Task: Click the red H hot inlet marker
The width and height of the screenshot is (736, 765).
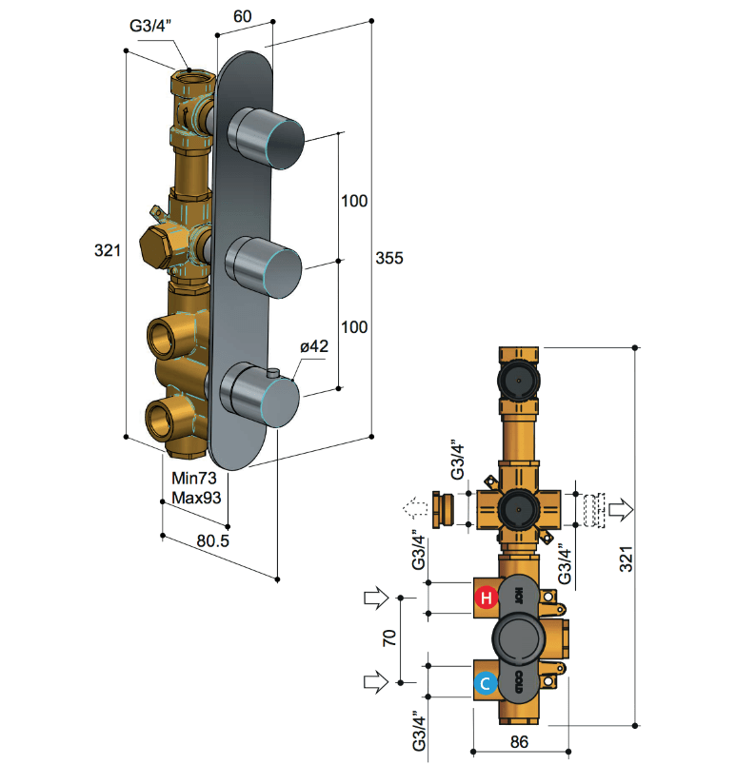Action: [487, 598]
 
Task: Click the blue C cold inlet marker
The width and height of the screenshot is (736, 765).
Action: [486, 683]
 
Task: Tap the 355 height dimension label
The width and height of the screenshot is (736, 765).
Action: [389, 258]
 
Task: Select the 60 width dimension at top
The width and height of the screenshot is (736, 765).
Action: [243, 16]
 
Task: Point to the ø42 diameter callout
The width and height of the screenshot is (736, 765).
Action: [314, 346]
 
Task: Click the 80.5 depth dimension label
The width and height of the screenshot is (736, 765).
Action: [212, 540]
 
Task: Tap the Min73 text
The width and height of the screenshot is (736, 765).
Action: [194, 478]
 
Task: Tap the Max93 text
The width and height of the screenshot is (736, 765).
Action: [196, 498]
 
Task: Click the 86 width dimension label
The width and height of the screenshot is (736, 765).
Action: [519, 742]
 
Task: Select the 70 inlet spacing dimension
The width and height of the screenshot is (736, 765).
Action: [389, 638]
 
